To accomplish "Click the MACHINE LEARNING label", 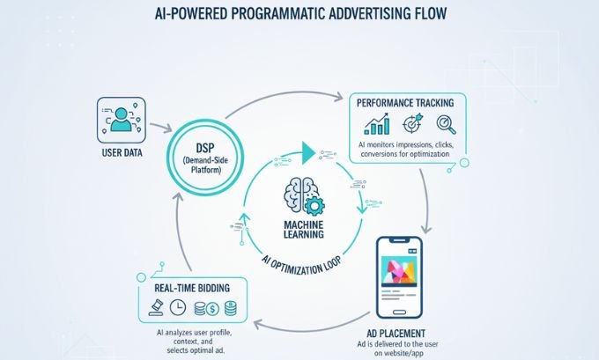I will [x=299, y=229].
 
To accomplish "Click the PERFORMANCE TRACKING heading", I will [x=409, y=102].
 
